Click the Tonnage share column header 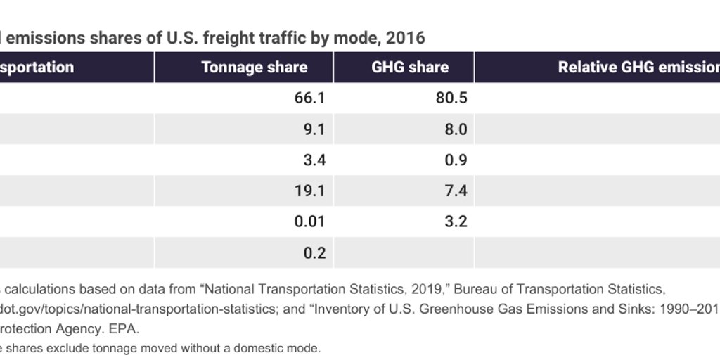pos(254,67)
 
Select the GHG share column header pos(410,67)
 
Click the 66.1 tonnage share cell pos(309,98)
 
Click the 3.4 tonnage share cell pos(314,160)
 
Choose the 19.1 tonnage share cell pos(309,191)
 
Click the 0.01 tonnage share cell pos(309,222)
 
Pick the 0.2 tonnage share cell pos(314,253)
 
